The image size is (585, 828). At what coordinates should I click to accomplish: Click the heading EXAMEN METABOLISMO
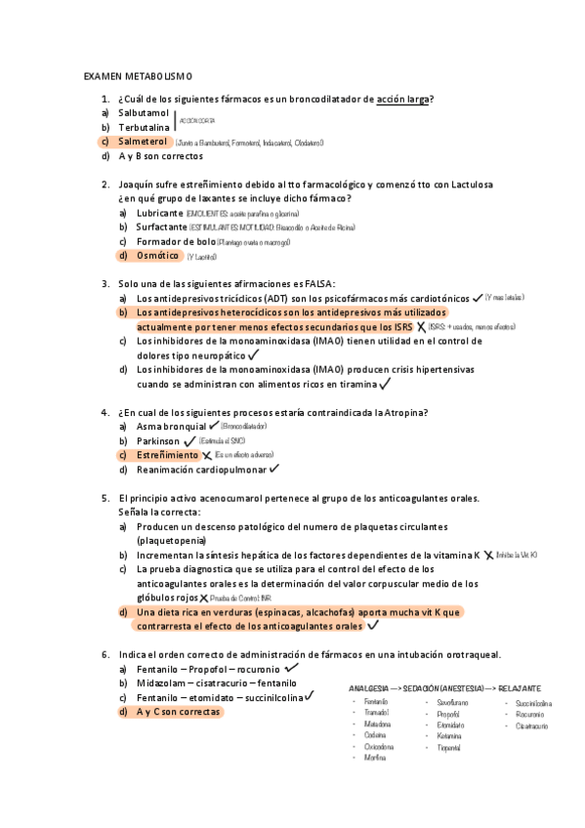coord(139,75)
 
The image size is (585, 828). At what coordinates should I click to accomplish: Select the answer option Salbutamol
coord(144,113)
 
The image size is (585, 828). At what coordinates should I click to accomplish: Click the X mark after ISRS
coord(420,326)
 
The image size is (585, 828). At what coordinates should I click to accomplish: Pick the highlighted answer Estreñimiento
coord(167,455)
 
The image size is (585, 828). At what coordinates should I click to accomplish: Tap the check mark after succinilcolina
coord(309,696)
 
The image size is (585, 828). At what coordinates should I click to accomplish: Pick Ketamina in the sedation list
coord(449,735)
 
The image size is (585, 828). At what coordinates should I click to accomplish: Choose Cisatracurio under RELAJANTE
coord(532,725)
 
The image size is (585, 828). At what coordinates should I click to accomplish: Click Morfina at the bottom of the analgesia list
coord(375,758)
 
